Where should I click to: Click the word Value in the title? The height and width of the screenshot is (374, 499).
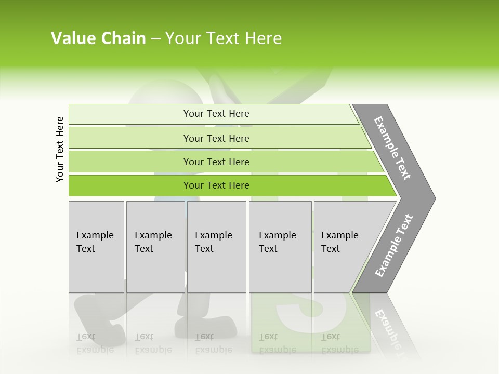(72, 38)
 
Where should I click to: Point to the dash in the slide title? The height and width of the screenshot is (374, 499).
(155, 39)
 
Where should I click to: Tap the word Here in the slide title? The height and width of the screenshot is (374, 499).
(264, 38)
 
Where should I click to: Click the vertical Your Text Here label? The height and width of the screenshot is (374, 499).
(60, 149)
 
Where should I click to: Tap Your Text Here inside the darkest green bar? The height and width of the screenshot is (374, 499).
(216, 185)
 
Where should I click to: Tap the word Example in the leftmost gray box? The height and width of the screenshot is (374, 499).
(95, 235)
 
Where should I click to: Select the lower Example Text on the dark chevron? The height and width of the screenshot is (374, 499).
(393, 246)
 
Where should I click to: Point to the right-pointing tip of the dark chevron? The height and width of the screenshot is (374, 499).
(434, 198)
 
